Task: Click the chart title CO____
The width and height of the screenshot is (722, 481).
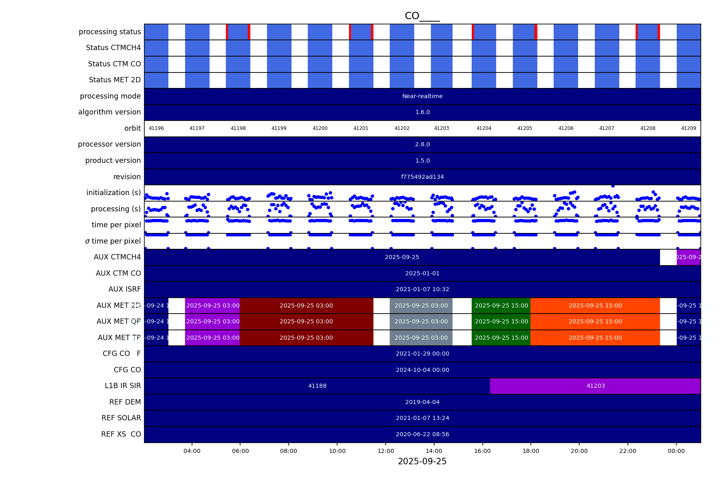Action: (422, 16)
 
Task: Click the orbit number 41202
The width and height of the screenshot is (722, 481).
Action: (402, 128)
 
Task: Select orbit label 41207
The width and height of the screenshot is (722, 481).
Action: (606, 128)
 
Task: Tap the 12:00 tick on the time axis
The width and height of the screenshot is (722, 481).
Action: (386, 451)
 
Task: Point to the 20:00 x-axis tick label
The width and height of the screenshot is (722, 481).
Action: (579, 451)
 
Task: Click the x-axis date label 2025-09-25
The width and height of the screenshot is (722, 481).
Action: (422, 461)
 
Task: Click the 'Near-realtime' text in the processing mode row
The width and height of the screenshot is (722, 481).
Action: (422, 96)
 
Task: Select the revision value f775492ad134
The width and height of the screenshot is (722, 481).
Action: (422, 177)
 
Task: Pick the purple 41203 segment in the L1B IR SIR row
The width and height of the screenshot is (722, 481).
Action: (595, 386)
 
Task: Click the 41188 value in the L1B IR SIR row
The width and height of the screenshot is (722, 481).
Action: (317, 386)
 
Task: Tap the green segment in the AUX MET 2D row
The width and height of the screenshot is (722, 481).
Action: (501, 305)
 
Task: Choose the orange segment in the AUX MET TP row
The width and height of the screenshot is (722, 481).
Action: (595, 338)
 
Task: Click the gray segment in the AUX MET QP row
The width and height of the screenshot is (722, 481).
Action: (421, 321)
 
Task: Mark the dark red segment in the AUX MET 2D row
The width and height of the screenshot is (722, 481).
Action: (306, 305)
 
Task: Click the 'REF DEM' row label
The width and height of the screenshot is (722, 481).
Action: (125, 402)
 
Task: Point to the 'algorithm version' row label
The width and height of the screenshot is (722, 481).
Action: (109, 112)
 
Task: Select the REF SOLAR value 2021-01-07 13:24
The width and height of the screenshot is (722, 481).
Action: (422, 418)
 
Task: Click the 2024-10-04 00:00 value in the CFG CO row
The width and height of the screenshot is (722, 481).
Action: (422, 370)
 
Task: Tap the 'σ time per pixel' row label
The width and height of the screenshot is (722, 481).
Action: (113, 241)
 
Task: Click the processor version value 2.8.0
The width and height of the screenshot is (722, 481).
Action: (422, 144)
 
